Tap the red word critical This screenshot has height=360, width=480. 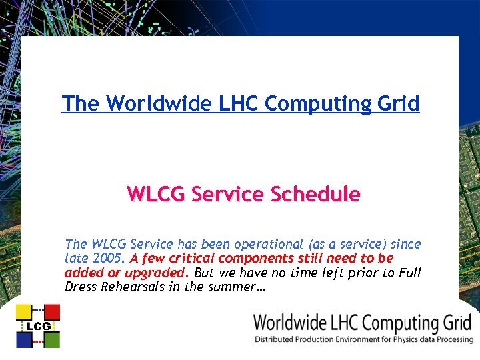pyautogui.click(x=189, y=257)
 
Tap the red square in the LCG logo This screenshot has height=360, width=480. pyautogui.click(x=52, y=312)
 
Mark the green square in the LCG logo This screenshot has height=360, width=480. pyautogui.click(x=52, y=340)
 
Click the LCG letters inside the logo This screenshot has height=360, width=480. pyautogui.click(x=38, y=326)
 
